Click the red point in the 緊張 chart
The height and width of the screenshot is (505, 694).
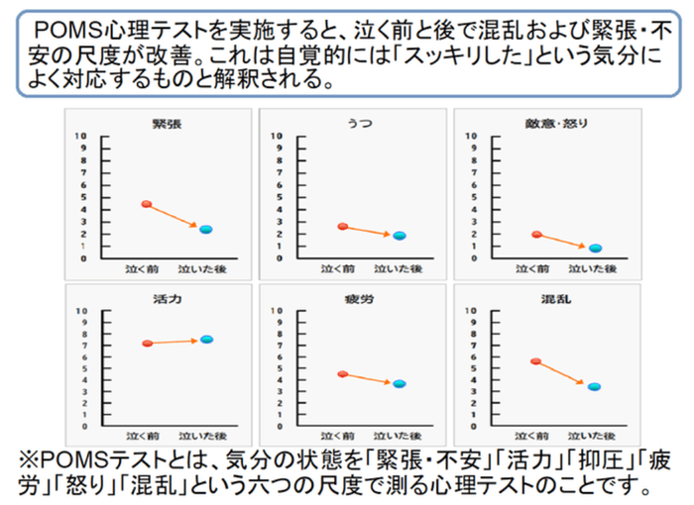click(x=146, y=204)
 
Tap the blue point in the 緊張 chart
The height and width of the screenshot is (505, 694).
click(x=206, y=230)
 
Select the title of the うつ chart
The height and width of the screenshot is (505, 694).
click(x=359, y=124)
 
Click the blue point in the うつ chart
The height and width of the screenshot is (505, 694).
click(x=399, y=236)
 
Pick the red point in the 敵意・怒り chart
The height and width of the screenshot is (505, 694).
click(x=536, y=235)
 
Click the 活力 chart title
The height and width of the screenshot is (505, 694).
click(x=165, y=296)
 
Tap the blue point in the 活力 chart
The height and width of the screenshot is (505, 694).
click(x=206, y=340)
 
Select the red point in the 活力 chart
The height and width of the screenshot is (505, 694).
click(x=147, y=344)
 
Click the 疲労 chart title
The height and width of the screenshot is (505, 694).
click(x=359, y=296)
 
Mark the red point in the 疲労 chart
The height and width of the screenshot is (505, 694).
click(x=342, y=374)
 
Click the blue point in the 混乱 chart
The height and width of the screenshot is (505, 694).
click(x=595, y=387)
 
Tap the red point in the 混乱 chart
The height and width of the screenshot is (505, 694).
click(x=536, y=362)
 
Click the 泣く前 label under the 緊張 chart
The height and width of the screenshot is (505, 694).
click(x=141, y=269)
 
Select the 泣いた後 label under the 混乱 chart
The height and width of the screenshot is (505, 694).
click(x=593, y=436)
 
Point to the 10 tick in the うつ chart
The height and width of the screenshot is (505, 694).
click(x=279, y=135)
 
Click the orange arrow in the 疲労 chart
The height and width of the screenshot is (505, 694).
click(x=370, y=379)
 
